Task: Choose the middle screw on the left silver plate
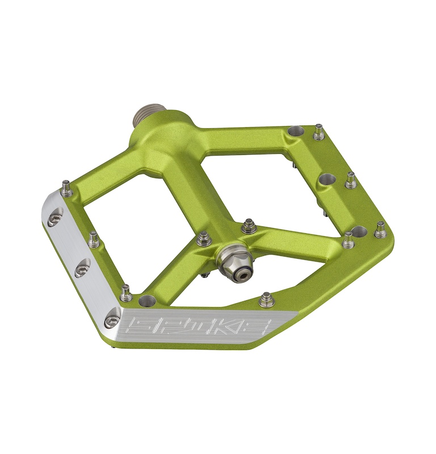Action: tap(82, 268)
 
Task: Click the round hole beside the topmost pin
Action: tap(296, 131)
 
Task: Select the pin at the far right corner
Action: tap(380, 230)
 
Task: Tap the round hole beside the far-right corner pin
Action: tap(359, 231)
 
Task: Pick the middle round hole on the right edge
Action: tap(327, 180)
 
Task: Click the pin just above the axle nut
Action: tap(248, 226)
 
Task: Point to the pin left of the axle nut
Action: tap(204, 239)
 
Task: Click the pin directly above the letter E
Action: tap(266, 299)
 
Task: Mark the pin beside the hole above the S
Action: tap(126, 292)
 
